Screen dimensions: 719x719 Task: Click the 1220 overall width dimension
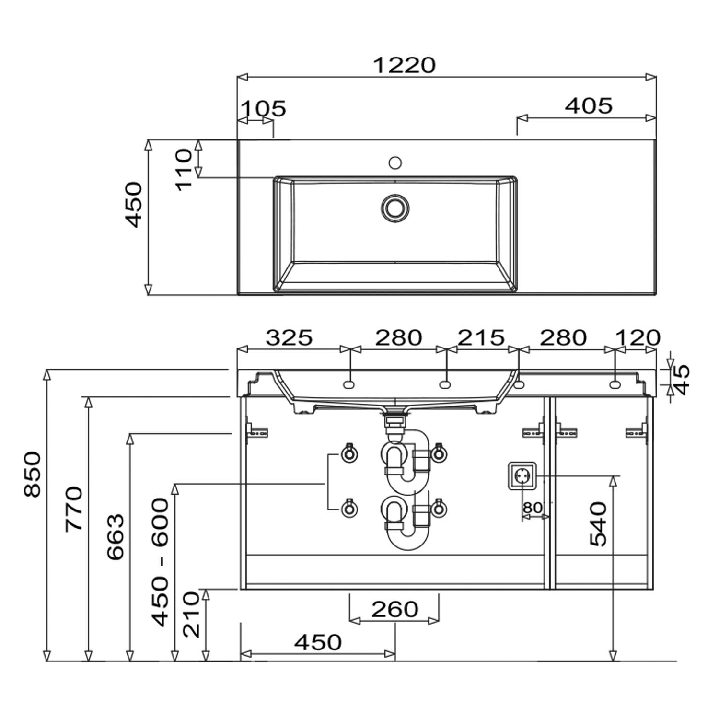point(404,65)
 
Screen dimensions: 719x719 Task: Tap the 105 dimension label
point(263,108)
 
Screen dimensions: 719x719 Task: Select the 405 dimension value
point(589,105)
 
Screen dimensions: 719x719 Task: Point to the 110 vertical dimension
point(184,170)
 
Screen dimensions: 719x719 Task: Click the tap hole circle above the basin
point(395,163)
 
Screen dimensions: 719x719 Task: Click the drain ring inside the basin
point(395,208)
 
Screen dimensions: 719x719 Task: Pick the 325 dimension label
point(289,337)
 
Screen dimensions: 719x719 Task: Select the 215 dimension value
point(481,337)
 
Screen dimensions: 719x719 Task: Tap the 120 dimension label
point(638,337)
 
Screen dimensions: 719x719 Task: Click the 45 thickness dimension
point(681,379)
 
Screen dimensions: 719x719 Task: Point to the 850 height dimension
point(33,474)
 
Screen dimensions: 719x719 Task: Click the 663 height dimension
point(115,537)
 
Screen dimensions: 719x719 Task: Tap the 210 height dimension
point(191,614)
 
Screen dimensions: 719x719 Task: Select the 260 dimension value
point(394,609)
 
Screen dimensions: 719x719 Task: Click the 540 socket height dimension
point(598,524)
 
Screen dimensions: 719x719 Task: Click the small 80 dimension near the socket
point(533,507)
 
